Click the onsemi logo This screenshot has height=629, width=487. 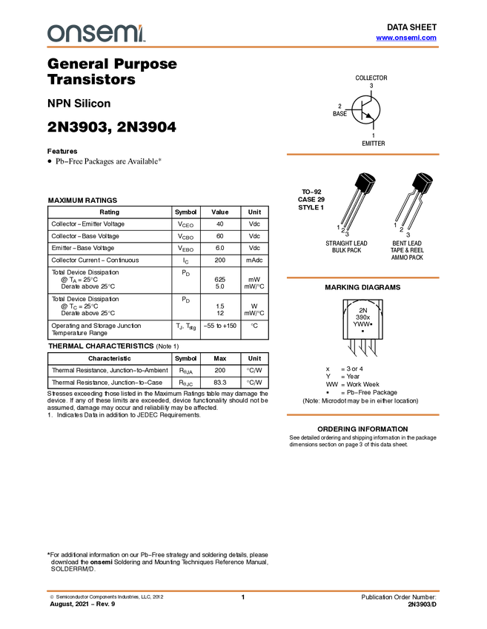tap(96, 33)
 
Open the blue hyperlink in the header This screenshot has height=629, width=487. tap(406, 38)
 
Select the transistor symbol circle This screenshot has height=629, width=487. tap(365, 110)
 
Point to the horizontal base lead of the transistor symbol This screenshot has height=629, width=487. tap(357, 110)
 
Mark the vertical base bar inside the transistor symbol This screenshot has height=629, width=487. tap(362, 110)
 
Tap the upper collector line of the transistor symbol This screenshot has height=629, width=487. tap(368, 103)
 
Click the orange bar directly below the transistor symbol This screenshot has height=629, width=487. tap(362, 155)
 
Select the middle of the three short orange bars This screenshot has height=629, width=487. tap(362, 277)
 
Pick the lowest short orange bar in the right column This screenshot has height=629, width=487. tap(362, 415)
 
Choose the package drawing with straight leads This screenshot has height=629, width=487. tap(357, 200)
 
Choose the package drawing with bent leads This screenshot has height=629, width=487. tap(414, 200)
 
